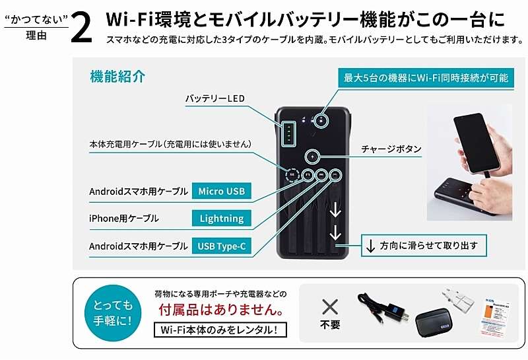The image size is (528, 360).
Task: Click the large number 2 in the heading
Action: [x=82, y=28]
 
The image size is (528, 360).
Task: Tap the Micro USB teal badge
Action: [x=222, y=191]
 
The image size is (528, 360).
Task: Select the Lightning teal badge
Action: [x=222, y=219]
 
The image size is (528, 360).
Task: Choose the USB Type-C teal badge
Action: [x=222, y=246]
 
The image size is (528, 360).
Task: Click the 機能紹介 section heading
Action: [x=117, y=77]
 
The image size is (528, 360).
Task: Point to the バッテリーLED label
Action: [x=215, y=98]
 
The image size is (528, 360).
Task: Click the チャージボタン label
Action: [x=391, y=149]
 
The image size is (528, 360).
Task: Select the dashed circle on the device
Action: [x=292, y=175]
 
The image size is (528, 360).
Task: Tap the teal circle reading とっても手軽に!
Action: [x=113, y=313]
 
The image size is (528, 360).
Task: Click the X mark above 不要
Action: [x=330, y=306]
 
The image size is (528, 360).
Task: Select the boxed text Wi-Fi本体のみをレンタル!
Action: [x=220, y=330]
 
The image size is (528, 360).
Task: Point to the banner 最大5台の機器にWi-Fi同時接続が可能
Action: [x=426, y=78]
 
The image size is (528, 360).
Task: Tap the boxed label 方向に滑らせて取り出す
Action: [x=424, y=245]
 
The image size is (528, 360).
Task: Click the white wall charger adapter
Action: [x=458, y=299]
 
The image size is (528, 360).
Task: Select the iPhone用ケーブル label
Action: [x=123, y=219]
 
